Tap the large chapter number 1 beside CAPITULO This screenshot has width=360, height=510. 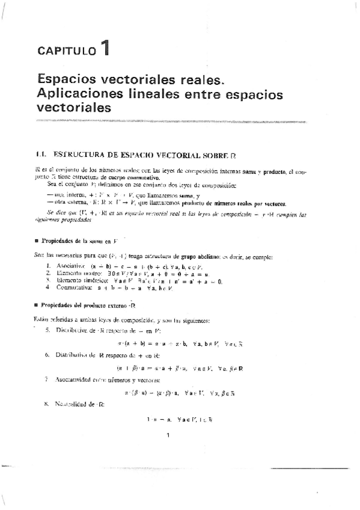[105, 48]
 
